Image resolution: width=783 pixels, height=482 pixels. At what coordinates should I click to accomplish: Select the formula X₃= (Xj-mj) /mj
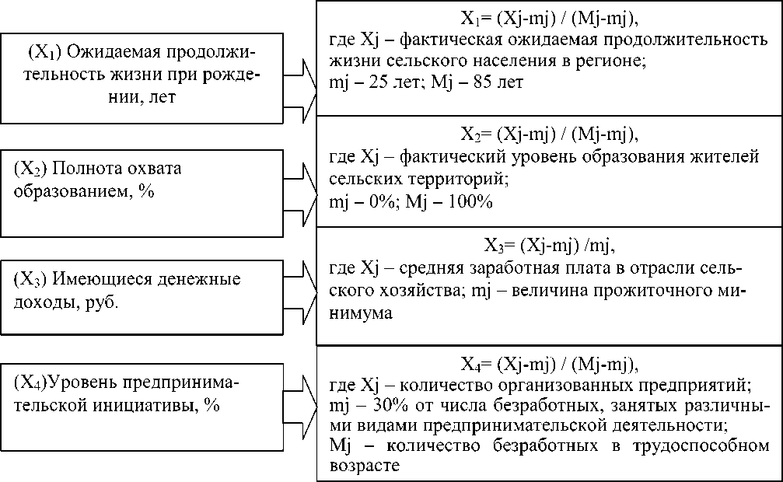pyautogui.click(x=548, y=249)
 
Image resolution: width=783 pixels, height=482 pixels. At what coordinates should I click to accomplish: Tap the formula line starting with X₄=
pyautogui.click(x=548, y=364)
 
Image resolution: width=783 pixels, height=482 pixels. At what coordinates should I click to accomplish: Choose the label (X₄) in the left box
pyautogui.click(x=30, y=383)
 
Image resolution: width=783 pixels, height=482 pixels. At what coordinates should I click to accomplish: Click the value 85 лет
pyautogui.click(x=498, y=82)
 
